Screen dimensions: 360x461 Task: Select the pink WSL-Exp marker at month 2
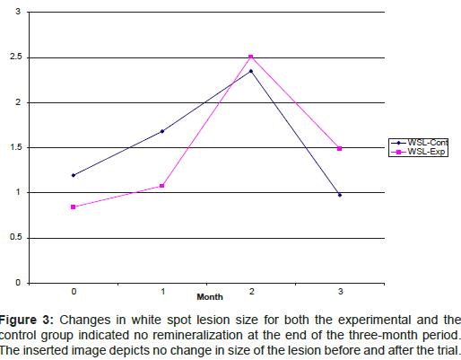pyautogui.click(x=250, y=57)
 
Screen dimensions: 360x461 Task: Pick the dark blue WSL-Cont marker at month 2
pyautogui.click(x=250, y=71)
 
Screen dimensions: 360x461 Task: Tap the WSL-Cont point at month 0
pyautogui.click(x=73, y=175)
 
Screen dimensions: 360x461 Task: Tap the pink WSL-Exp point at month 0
pyautogui.click(x=73, y=206)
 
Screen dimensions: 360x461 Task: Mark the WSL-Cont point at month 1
pyautogui.click(x=161, y=131)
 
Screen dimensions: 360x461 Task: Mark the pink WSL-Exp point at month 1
pyautogui.click(x=161, y=186)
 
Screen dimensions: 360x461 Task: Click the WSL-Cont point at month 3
pyautogui.click(x=340, y=195)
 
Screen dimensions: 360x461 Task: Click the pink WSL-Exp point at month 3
pyautogui.click(x=340, y=148)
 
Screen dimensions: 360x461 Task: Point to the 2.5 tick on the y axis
pyautogui.click(x=17, y=58)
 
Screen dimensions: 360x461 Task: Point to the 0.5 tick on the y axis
pyautogui.click(x=17, y=237)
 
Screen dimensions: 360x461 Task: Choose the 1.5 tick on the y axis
pyautogui.click(x=17, y=148)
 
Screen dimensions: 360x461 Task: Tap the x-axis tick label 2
pyautogui.click(x=251, y=291)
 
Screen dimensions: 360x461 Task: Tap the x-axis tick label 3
pyautogui.click(x=340, y=291)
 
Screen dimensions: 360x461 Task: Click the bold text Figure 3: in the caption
pyautogui.click(x=30, y=318)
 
